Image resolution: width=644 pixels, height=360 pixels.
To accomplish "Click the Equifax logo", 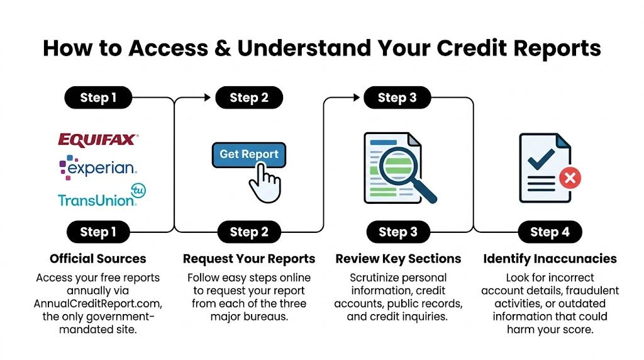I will click(97, 139).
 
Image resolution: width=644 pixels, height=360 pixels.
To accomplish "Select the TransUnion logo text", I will click(96, 200).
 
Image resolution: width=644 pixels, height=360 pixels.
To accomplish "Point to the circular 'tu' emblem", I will click(137, 190).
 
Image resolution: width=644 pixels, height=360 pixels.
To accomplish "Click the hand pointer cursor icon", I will click(264, 182).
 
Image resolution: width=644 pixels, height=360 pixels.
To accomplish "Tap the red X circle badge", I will click(570, 179).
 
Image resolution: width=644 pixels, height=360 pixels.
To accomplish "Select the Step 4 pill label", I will click(549, 232).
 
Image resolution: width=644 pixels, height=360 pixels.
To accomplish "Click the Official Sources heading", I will click(97, 259).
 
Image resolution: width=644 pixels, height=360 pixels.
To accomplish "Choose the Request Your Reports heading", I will click(249, 259).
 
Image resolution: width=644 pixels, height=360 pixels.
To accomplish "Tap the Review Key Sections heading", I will click(398, 259).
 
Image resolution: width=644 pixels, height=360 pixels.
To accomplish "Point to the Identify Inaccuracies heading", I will click(550, 259).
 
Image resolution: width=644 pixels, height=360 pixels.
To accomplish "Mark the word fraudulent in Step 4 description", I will click(589, 291).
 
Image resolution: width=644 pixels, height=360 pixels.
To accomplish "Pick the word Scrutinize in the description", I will click(375, 278).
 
